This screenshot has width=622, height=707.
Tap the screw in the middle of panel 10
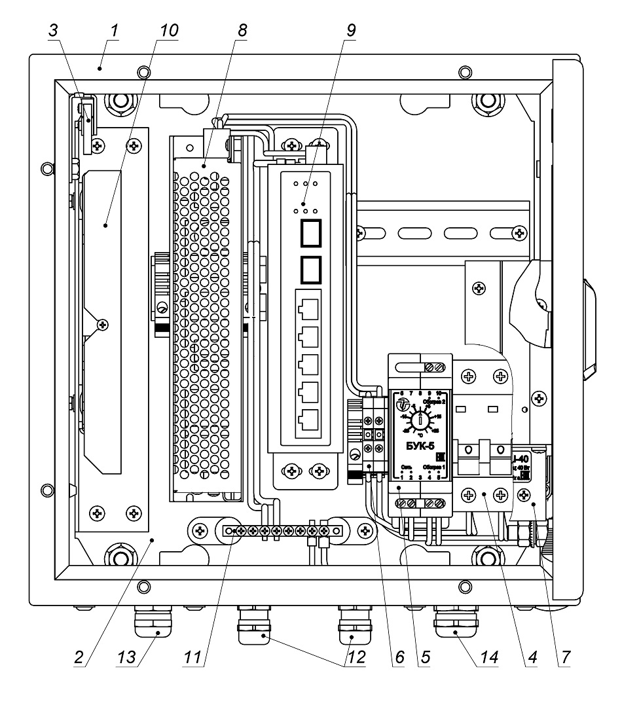click(100, 323)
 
